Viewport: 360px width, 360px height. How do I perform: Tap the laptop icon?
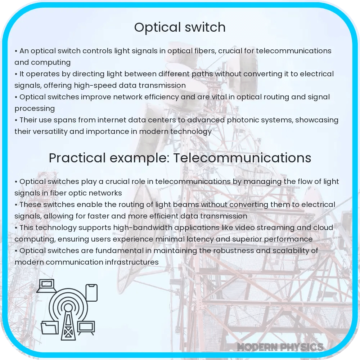tap(46, 285)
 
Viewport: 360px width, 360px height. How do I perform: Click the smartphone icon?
tap(91, 293)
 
